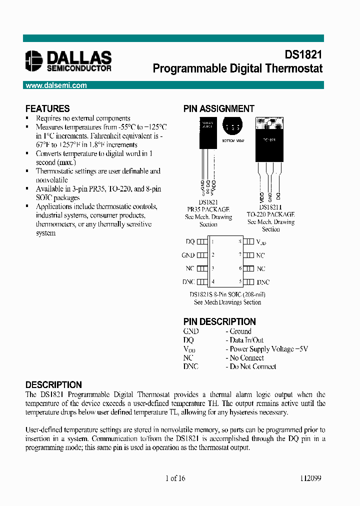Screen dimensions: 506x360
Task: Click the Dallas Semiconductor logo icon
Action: click(34, 60)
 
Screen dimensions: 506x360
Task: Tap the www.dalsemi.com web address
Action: click(56, 85)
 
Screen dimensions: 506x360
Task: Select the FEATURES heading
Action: click(47, 108)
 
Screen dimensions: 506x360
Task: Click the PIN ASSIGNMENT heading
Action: click(219, 108)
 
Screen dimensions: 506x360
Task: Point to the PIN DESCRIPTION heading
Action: click(219, 321)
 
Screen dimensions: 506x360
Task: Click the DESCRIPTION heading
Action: click(53, 385)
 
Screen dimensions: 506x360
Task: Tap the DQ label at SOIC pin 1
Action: click(190, 241)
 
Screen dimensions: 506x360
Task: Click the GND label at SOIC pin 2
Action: click(188, 255)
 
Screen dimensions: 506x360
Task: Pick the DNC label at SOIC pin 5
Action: click(263, 282)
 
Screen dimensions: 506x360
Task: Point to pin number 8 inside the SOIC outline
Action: click(239, 241)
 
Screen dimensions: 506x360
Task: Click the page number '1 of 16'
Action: click(175, 478)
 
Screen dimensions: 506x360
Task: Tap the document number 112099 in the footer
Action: click(310, 478)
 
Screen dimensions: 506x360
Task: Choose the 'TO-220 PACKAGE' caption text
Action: click(270, 214)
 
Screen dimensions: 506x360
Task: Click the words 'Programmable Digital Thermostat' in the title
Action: click(237, 68)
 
